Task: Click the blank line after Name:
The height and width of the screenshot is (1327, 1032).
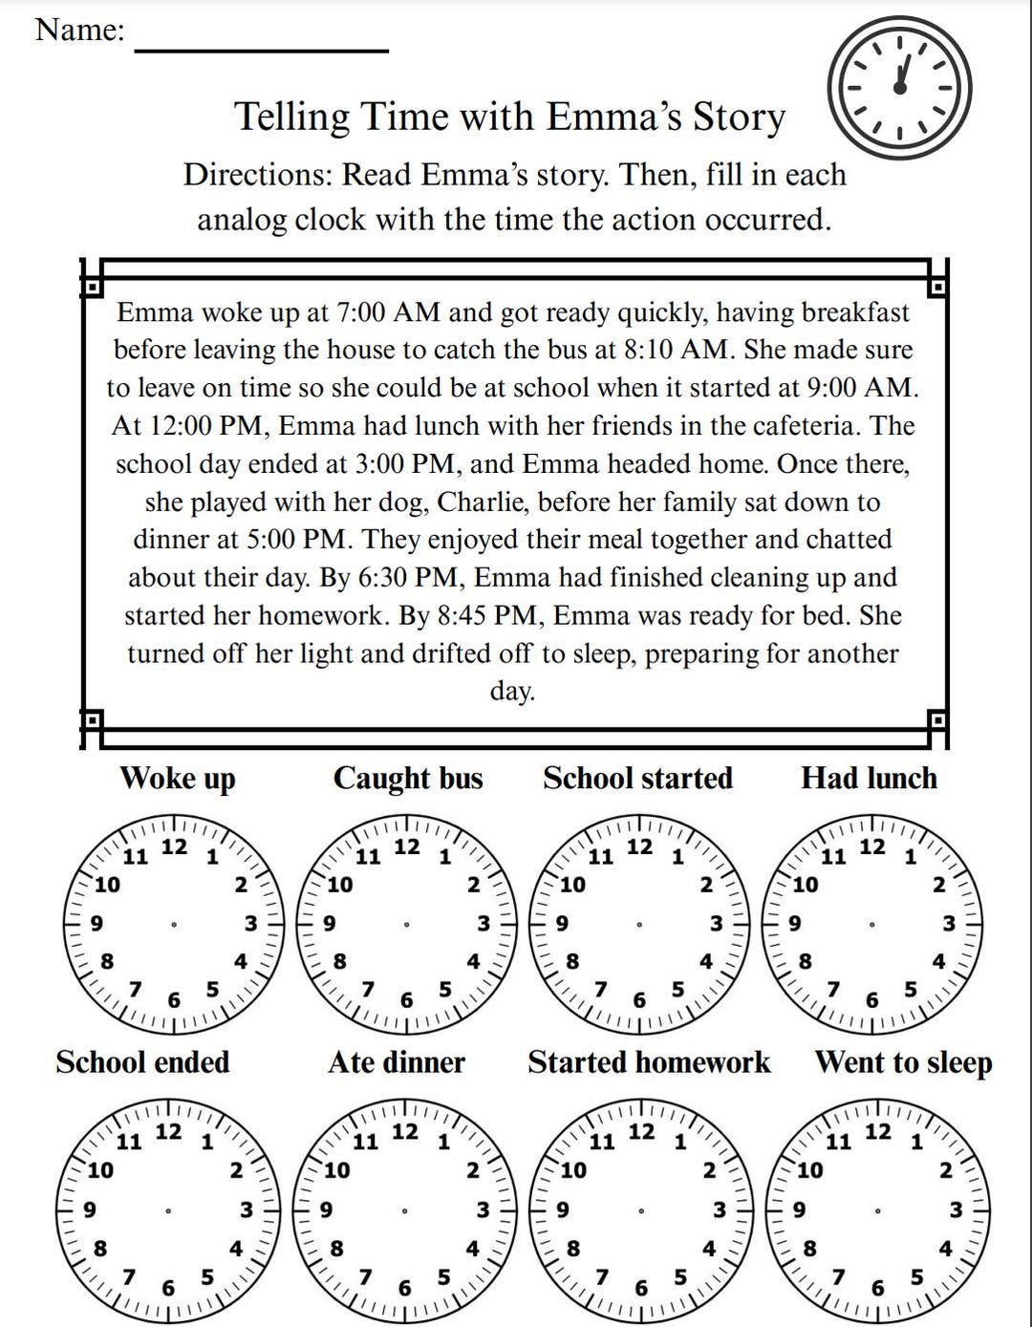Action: coord(261,49)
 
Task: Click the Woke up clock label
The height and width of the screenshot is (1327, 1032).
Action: coord(178,778)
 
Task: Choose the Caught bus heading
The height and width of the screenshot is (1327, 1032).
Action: coord(408,778)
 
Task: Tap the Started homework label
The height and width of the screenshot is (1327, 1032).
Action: coord(649,1062)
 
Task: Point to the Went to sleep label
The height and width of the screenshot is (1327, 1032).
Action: coord(903,1062)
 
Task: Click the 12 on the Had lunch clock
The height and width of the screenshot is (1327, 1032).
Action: coord(872,846)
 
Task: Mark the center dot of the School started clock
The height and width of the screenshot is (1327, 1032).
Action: coord(639,924)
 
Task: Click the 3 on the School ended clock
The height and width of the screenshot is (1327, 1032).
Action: coord(247,1209)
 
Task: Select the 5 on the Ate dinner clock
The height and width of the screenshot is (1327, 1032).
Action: coord(443,1276)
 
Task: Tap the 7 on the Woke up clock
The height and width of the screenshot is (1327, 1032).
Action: coord(136,989)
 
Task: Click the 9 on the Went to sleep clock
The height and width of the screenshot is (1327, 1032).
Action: coord(800,1209)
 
